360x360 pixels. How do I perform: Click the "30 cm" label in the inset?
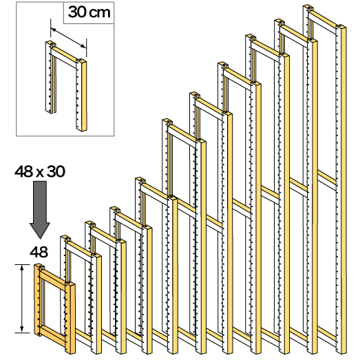point(89,12)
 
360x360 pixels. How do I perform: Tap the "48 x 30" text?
point(40,171)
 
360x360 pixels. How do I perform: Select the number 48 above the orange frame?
point(39,252)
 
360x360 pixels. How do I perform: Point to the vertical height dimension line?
point(22,299)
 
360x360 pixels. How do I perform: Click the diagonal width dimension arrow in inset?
point(68,38)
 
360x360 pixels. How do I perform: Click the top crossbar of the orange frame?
point(53,279)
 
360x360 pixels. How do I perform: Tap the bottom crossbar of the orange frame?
point(53,337)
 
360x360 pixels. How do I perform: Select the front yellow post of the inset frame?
point(81,95)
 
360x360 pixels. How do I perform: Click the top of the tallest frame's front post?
point(341,27)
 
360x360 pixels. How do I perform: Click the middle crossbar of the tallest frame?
point(327,181)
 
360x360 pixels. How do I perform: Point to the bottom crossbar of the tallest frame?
point(327,337)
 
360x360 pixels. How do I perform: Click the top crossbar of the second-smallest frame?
point(78,251)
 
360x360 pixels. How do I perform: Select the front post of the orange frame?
point(70,318)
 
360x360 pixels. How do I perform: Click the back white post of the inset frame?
point(50,77)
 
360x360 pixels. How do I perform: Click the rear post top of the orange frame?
point(39,266)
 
